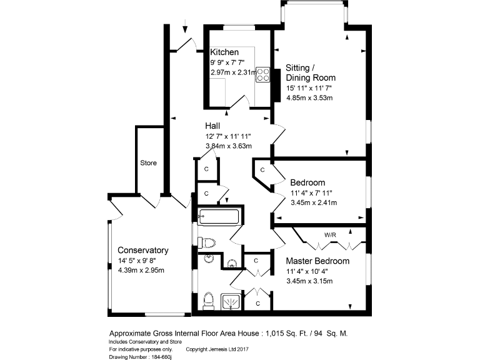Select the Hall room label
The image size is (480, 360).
(212, 126)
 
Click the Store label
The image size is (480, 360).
(148, 163)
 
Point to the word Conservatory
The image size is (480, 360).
(143, 250)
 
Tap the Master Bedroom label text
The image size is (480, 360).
(317, 261)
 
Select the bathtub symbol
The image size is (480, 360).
(218, 217)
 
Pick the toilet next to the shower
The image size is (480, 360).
(209, 301)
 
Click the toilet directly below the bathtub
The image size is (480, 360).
(207, 242)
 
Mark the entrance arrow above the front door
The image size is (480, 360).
(186, 27)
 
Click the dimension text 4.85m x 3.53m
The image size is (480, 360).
(309, 97)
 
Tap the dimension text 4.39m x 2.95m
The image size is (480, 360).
(141, 271)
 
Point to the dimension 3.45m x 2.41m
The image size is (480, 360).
(314, 202)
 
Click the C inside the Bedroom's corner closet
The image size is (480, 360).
(262, 169)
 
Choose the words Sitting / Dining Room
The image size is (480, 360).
(311, 72)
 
